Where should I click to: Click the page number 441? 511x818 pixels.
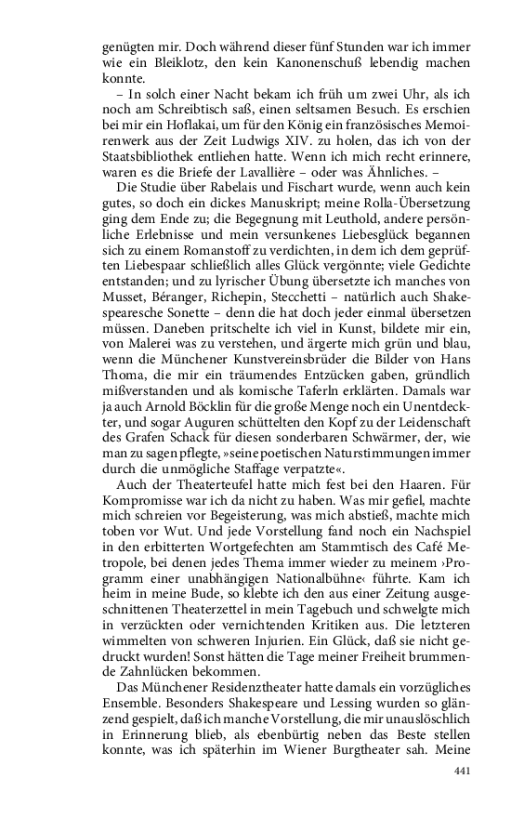click(x=462, y=772)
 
